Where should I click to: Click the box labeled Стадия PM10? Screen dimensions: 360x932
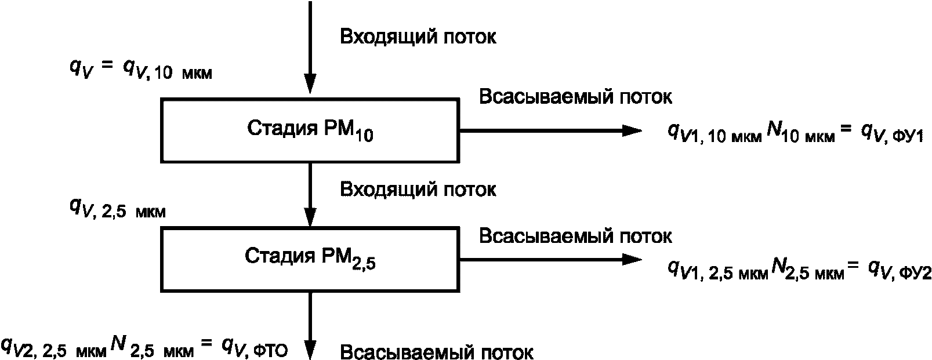[310, 130]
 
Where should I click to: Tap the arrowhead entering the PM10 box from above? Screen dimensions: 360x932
[311, 85]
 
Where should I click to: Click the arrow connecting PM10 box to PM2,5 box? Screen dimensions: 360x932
[311, 194]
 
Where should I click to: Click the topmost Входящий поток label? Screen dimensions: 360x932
[418, 38]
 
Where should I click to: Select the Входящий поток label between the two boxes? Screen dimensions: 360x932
[418, 190]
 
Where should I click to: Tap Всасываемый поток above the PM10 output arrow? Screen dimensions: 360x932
[575, 97]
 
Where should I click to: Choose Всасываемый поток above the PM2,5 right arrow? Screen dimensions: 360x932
[575, 237]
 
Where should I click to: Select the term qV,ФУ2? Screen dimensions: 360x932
[899, 270]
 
